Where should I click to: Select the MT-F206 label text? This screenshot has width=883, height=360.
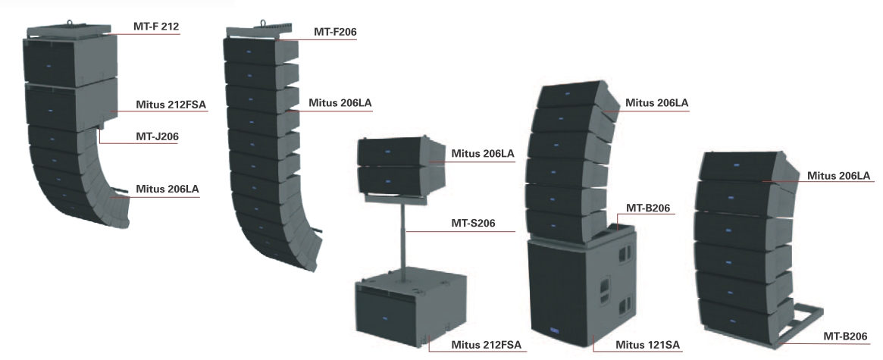click(335, 32)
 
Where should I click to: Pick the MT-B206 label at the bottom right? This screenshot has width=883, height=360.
click(843, 337)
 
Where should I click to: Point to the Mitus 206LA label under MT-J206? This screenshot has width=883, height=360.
click(168, 189)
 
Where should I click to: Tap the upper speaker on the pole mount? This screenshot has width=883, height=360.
click(394, 151)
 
